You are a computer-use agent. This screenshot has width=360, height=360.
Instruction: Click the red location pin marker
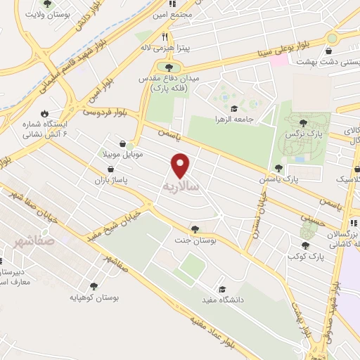[181, 165]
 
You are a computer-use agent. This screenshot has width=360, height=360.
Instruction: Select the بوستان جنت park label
[194, 242]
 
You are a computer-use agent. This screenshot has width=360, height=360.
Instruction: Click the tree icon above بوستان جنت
[195, 229]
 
